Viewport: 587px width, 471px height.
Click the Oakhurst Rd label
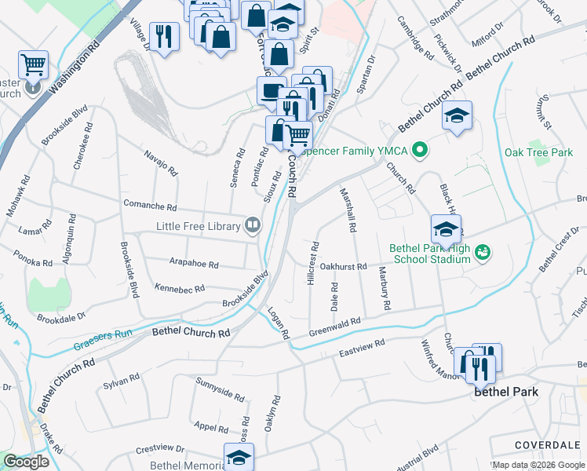pyautogui.click(x=344, y=267)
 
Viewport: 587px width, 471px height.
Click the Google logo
pyautogui.click(x=26, y=462)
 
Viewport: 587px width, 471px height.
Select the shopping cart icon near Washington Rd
pyautogui.click(x=33, y=64)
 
